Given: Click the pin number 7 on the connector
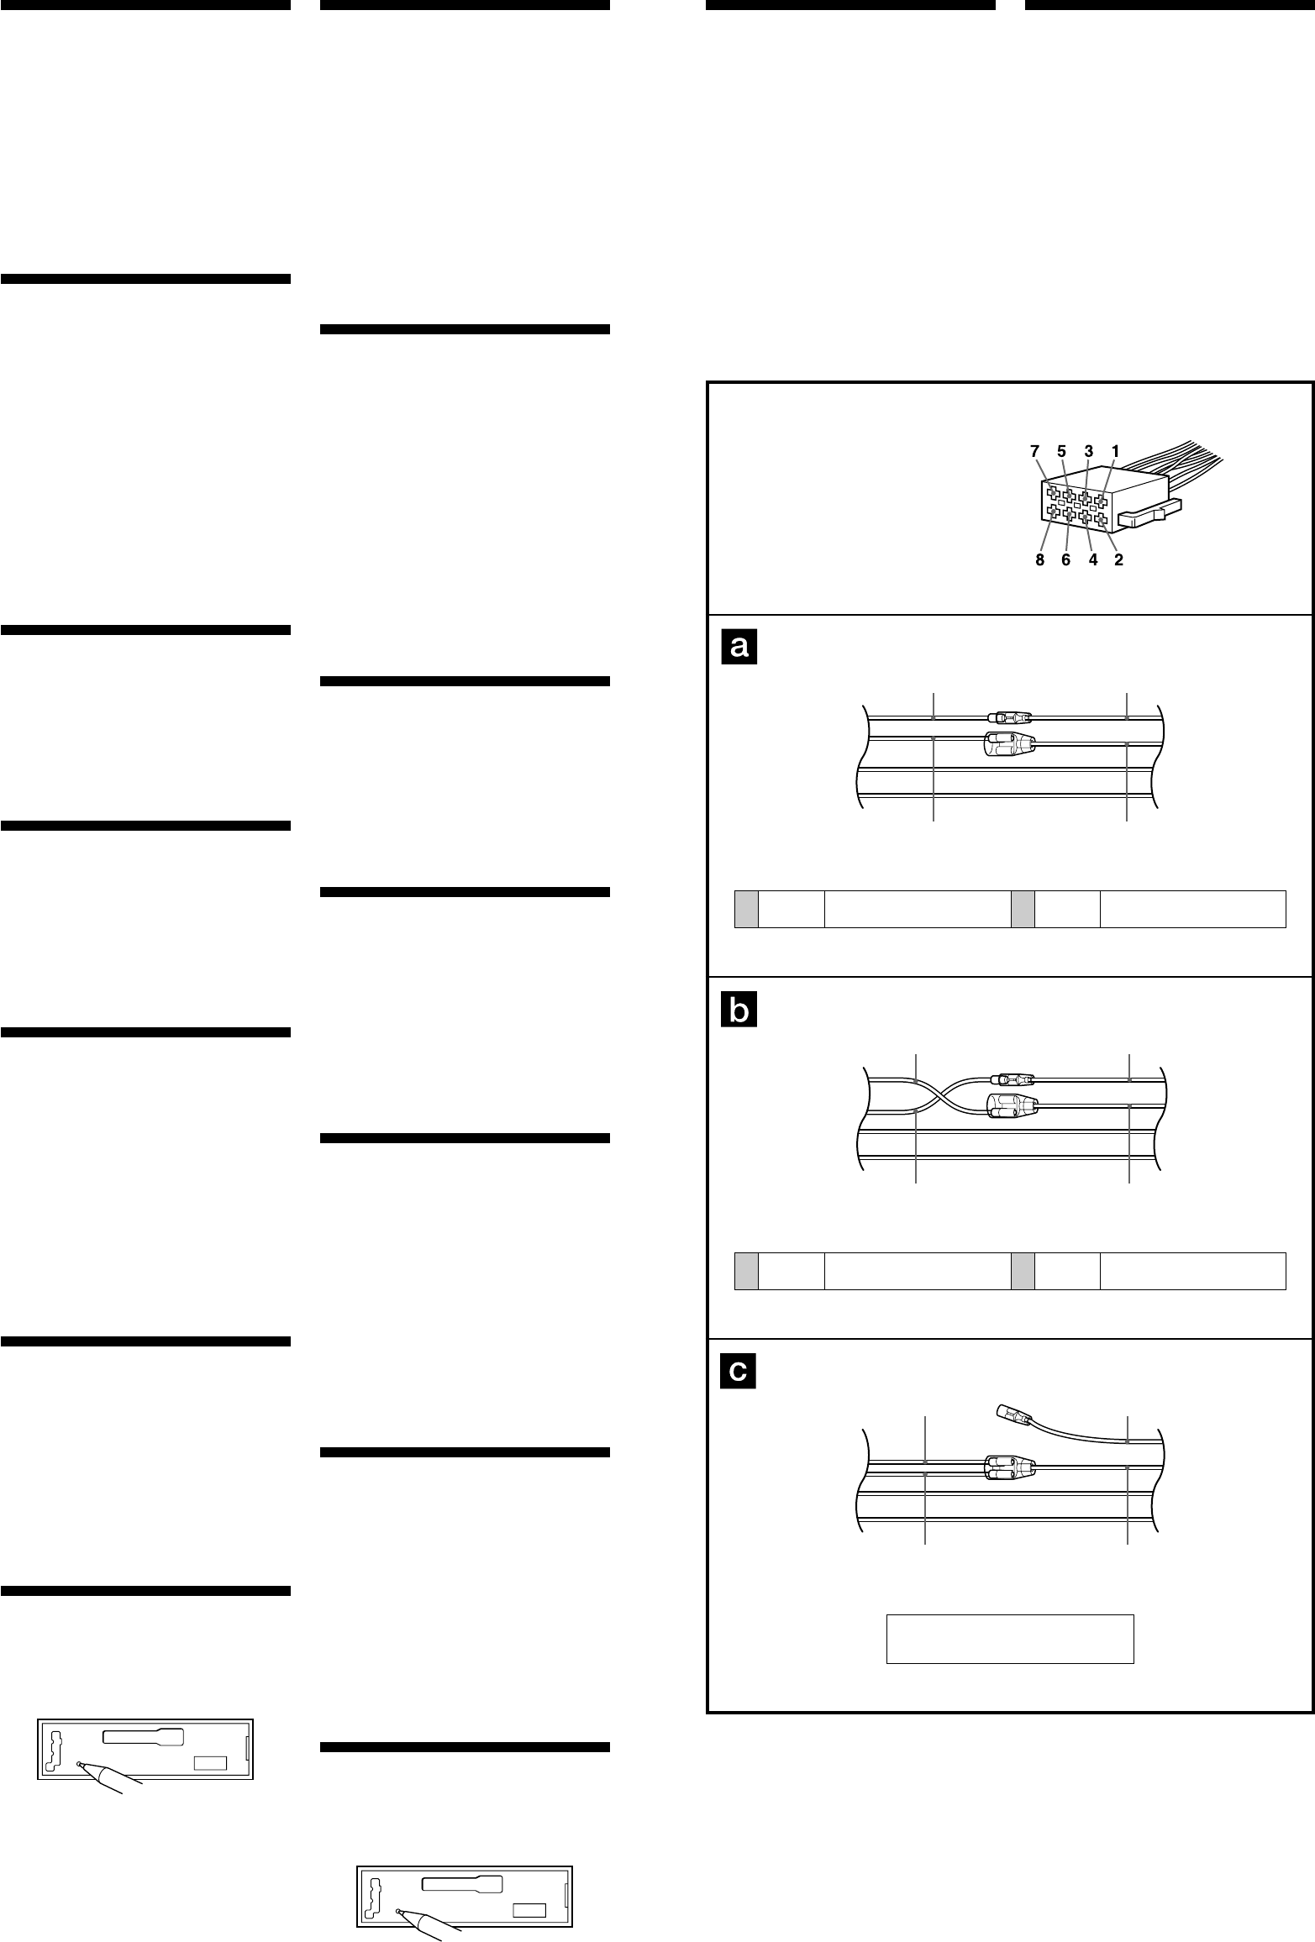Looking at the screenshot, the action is pyautogui.click(x=1036, y=451).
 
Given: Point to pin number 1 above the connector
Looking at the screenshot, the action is pyautogui.click(x=1115, y=451).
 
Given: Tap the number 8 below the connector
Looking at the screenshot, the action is pyautogui.click(x=1040, y=560).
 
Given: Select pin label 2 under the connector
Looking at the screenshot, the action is pyautogui.click(x=1118, y=560).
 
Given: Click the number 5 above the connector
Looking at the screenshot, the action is pyautogui.click(x=1061, y=451).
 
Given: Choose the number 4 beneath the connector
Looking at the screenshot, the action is pyautogui.click(x=1093, y=560).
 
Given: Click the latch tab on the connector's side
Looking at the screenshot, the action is pyautogui.click(x=1151, y=514).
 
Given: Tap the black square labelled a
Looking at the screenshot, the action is pyautogui.click(x=739, y=647).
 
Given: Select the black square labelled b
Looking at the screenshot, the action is pyautogui.click(x=739, y=1010).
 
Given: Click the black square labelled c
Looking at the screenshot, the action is pyautogui.click(x=739, y=1371).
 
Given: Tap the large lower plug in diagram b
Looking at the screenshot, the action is pyautogui.click(x=1012, y=1107).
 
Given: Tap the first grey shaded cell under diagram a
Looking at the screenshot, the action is pyautogui.click(x=746, y=909).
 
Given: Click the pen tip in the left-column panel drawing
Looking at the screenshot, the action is pyautogui.click(x=80, y=1764).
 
